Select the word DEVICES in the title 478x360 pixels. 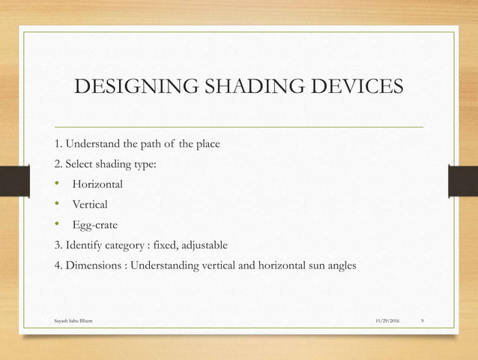(x=355, y=88)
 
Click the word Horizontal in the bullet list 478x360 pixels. (x=97, y=184)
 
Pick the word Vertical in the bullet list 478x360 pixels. (x=90, y=204)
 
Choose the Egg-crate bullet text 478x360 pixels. (x=95, y=224)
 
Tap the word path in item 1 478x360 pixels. (x=147, y=143)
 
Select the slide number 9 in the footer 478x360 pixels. (x=423, y=320)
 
